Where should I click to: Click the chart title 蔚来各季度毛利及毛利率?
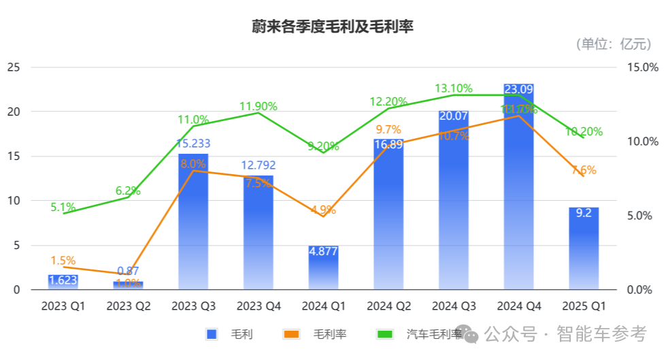[333, 27]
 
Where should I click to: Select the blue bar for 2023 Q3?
[193, 225]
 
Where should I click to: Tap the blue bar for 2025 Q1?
[584, 252]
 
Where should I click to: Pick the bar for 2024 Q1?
[323, 269]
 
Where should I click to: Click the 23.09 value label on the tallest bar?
[518, 89]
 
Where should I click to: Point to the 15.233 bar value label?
[193, 144]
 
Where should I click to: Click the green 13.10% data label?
[454, 88]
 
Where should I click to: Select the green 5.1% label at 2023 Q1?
[63, 207]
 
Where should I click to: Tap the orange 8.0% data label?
[193, 163]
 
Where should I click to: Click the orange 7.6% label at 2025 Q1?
[583, 170]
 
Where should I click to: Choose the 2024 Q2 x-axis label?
[388, 307]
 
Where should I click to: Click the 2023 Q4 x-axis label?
[258, 307]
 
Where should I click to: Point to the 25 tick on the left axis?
[14, 67]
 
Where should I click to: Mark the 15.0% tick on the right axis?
[641, 67]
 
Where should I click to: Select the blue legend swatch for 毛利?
[212, 334]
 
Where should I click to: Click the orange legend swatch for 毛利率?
[291, 334]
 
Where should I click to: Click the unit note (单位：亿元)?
[614, 44]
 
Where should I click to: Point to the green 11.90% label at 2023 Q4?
[258, 106]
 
